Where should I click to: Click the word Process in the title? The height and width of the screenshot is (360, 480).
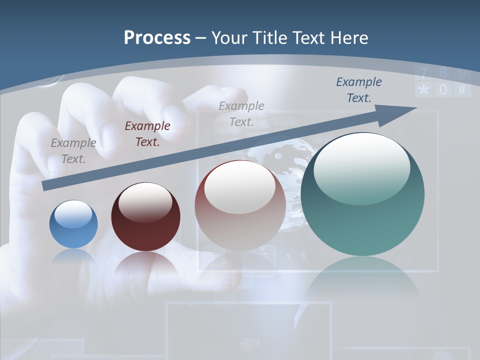pyautogui.click(x=157, y=37)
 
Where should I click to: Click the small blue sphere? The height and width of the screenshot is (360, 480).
pyautogui.click(x=73, y=224)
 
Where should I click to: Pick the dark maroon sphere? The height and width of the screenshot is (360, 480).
pyautogui.click(x=145, y=217)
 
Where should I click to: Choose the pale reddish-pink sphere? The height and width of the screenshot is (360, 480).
pyautogui.click(x=240, y=205)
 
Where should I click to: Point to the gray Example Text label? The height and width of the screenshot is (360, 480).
pyautogui.click(x=73, y=150)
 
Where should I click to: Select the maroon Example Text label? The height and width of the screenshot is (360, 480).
pyautogui.click(x=147, y=133)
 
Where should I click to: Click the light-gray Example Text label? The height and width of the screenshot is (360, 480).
pyautogui.click(x=241, y=113)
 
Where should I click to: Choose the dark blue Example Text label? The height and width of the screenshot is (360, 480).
pyautogui.click(x=359, y=89)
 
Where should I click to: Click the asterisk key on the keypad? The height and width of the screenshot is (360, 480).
pyautogui.click(x=423, y=90)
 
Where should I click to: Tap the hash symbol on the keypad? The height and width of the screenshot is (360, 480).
pyautogui.click(x=461, y=90)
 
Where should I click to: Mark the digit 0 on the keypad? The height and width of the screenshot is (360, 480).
pyautogui.click(x=443, y=90)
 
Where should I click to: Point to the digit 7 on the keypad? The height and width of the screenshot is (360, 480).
pyautogui.click(x=424, y=74)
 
